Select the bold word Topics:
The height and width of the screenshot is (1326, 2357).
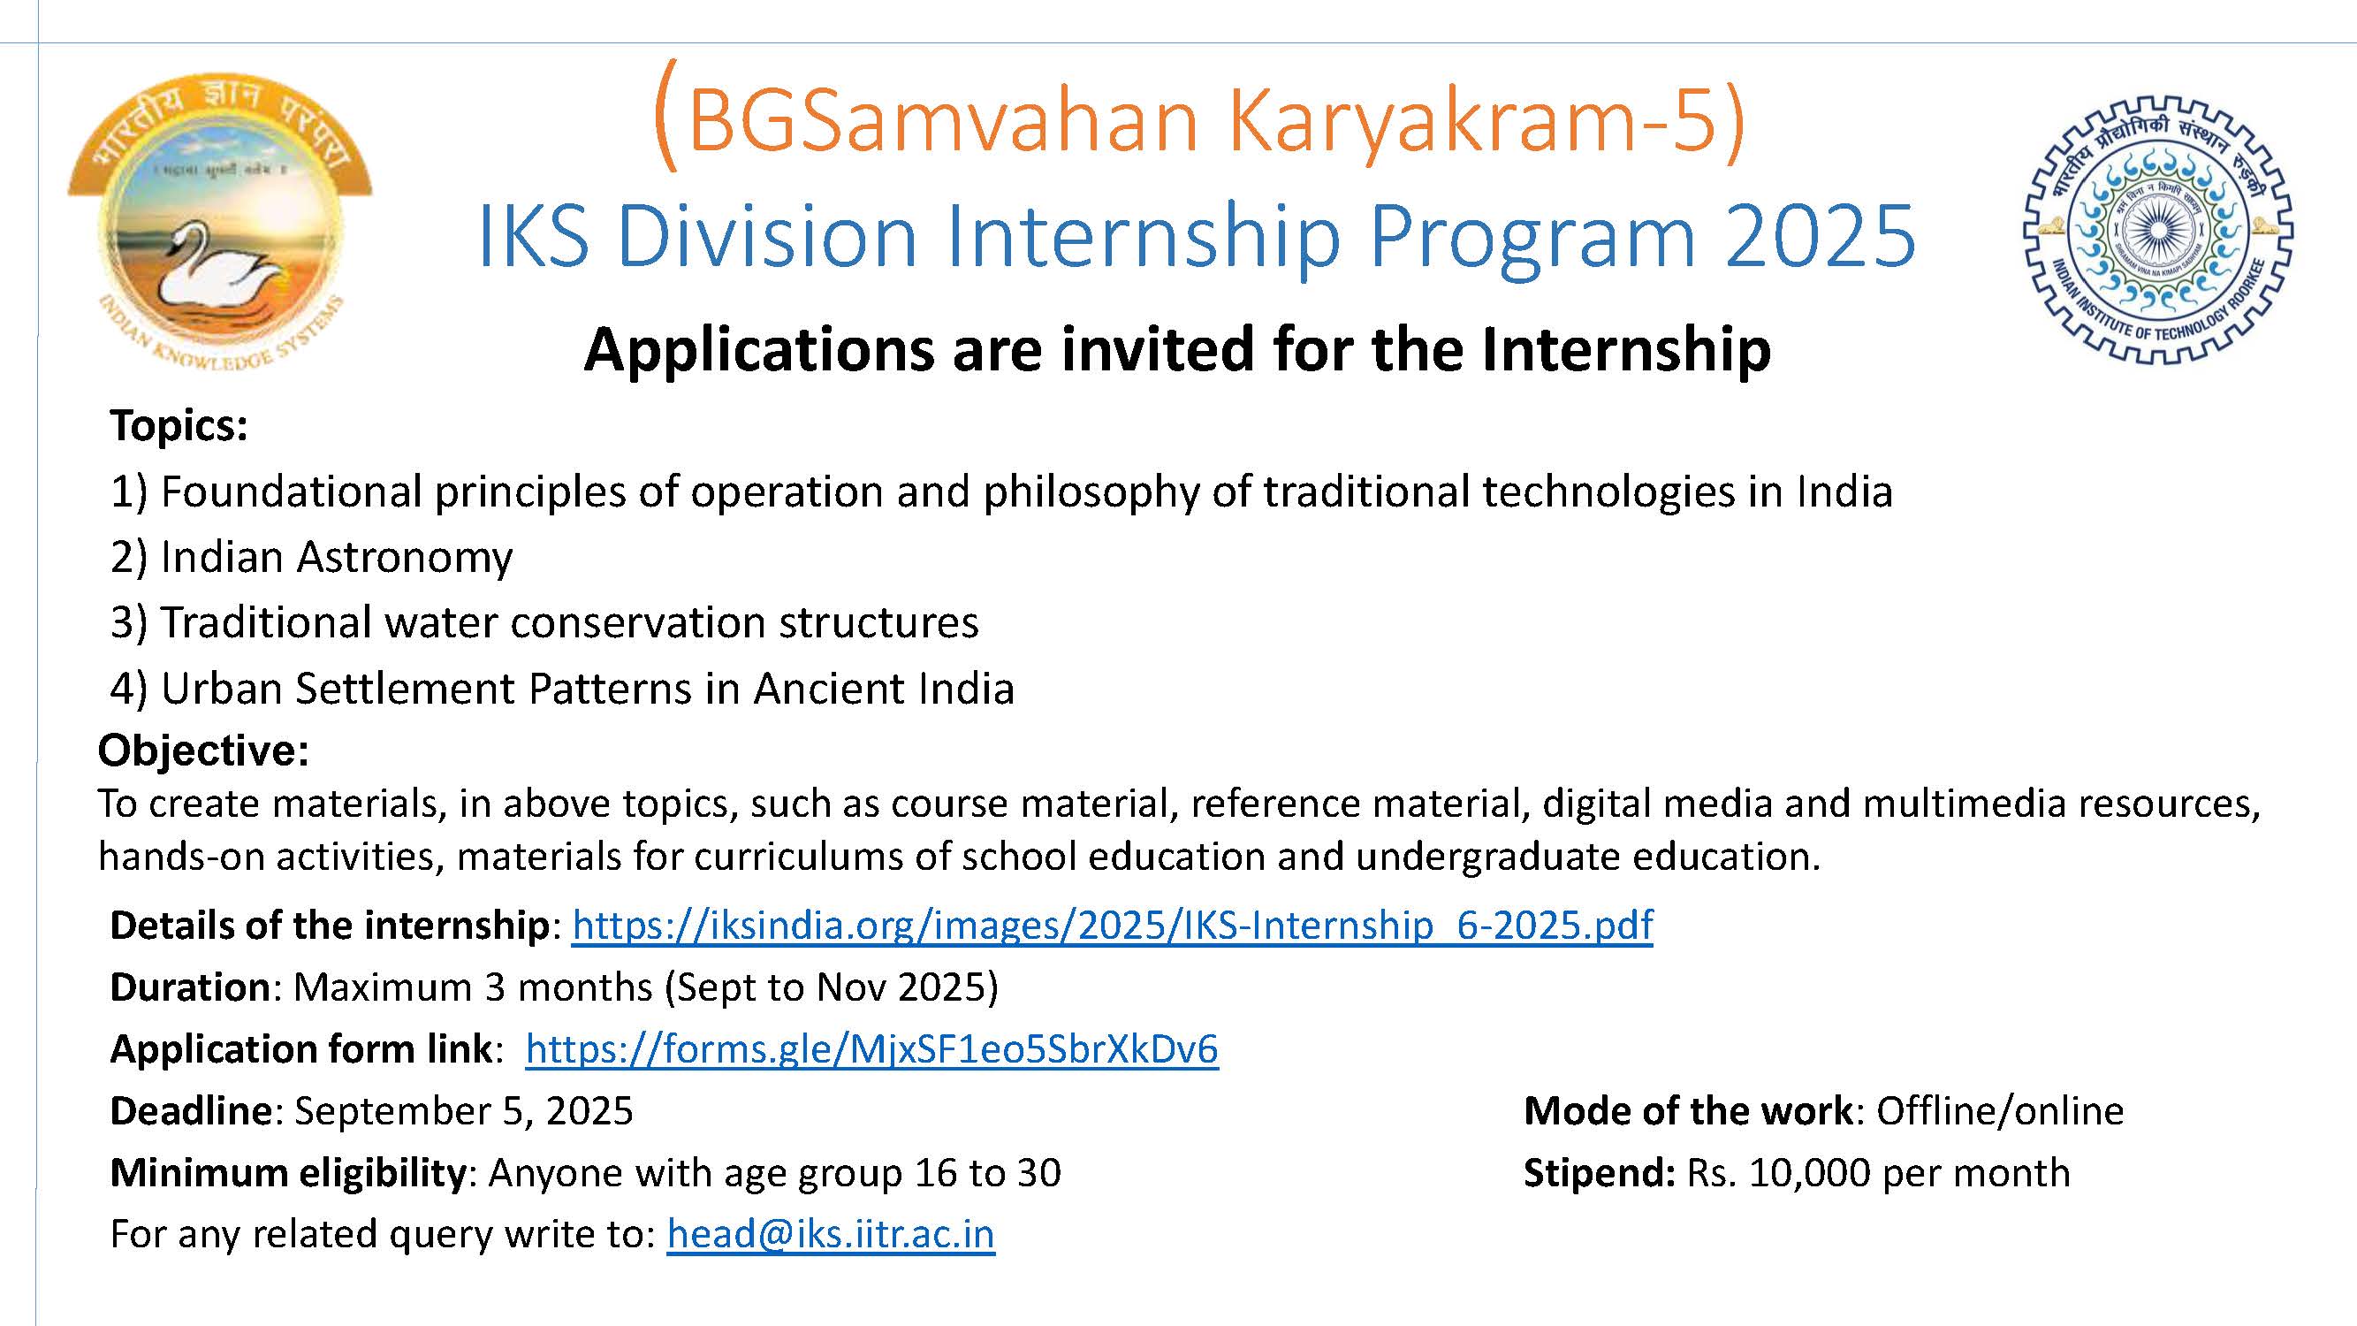179,425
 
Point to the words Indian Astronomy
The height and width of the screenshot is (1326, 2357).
336,557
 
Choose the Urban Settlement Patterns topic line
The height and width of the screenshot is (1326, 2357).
562,688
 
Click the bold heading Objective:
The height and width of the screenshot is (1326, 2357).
203,751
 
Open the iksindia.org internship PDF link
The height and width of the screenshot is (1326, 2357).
1113,926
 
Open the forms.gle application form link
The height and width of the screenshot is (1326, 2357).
872,1048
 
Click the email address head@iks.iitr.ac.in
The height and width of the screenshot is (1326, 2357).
831,1233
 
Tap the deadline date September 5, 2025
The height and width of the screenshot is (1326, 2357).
464,1111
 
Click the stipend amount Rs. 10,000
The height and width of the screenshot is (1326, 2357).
1780,1173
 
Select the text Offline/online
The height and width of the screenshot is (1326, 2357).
2000,1111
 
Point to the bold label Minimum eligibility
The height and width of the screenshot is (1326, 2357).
288,1173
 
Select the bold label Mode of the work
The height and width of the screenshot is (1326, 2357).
1688,1111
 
